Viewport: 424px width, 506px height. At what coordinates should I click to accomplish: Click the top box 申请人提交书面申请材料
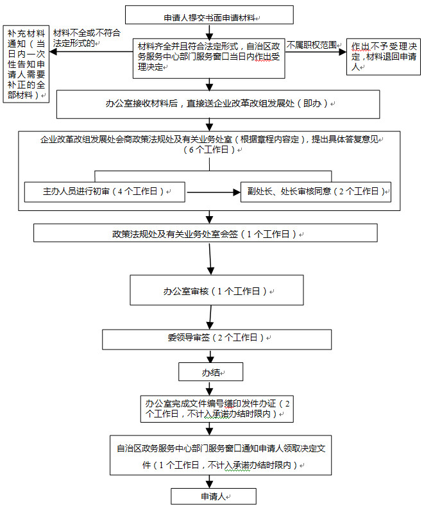pyautogui.click(x=209, y=15)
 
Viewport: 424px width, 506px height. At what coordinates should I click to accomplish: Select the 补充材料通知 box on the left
pyautogui.click(x=26, y=64)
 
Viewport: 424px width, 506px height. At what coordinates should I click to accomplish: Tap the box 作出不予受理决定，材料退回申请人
pyautogui.click(x=384, y=57)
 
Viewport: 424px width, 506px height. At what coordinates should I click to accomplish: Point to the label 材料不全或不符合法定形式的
pyautogui.click(x=87, y=38)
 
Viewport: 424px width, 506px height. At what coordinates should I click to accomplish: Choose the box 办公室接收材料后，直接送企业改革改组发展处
pyautogui.click(x=218, y=105)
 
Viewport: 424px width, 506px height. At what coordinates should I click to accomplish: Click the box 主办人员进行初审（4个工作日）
pyautogui.click(x=105, y=192)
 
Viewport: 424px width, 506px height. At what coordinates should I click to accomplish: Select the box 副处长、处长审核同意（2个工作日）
pyautogui.click(x=316, y=192)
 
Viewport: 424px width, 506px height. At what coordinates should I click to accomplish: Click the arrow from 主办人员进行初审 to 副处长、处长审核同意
pyautogui.click(x=214, y=192)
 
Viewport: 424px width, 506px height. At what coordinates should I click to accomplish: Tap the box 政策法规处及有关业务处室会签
pyautogui.click(x=205, y=233)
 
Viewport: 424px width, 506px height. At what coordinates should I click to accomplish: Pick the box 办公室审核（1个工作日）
pyautogui.click(x=217, y=290)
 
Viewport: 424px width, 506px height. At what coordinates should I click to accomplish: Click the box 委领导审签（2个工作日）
pyautogui.click(x=217, y=339)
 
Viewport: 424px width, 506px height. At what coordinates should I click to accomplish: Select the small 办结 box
pyautogui.click(x=210, y=372)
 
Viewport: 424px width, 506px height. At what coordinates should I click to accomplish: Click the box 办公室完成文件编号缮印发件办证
pyautogui.click(x=217, y=409)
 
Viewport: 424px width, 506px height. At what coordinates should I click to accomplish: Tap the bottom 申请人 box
pyautogui.click(x=214, y=496)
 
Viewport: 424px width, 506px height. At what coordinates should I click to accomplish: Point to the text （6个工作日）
pyautogui.click(x=209, y=149)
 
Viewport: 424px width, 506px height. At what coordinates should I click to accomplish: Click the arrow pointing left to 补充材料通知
pyautogui.click(x=91, y=52)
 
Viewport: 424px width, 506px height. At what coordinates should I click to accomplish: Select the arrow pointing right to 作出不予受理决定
pyautogui.click(x=316, y=52)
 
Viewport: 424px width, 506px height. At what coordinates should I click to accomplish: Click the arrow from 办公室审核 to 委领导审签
pyautogui.click(x=210, y=317)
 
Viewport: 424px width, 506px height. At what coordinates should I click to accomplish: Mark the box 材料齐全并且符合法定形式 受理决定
pyautogui.click(x=208, y=58)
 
